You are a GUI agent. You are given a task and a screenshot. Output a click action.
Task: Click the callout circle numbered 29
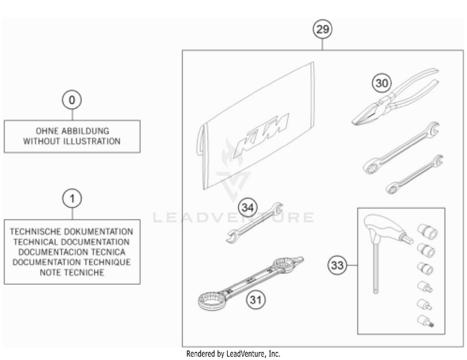point(323,29)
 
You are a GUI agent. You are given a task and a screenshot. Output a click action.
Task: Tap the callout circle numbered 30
point(382,83)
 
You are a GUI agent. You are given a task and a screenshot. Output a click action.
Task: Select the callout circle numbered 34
point(248,207)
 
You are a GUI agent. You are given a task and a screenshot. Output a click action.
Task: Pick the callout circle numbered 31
point(256,300)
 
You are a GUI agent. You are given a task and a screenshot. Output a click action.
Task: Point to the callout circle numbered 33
point(337,265)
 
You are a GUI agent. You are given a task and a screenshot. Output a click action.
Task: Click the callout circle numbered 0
point(72,100)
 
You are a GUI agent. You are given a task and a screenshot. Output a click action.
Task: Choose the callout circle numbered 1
point(72,198)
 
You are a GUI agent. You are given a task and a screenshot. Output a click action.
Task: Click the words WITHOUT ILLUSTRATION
point(72,141)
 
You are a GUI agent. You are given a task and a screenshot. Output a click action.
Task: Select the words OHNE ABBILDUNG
point(72,131)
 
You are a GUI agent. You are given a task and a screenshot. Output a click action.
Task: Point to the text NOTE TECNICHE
point(72,272)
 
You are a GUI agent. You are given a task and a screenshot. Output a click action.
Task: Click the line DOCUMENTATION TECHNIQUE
point(72,262)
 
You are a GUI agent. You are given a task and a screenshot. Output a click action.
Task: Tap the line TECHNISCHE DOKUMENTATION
point(72,232)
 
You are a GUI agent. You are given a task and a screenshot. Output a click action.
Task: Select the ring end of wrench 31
point(210,300)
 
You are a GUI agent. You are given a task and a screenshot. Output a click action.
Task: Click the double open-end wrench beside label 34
point(254,222)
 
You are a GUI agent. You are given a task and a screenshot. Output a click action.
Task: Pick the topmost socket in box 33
point(427,232)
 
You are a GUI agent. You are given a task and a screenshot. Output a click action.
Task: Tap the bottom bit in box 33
point(425,321)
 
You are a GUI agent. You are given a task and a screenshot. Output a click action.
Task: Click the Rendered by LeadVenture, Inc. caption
point(233,354)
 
